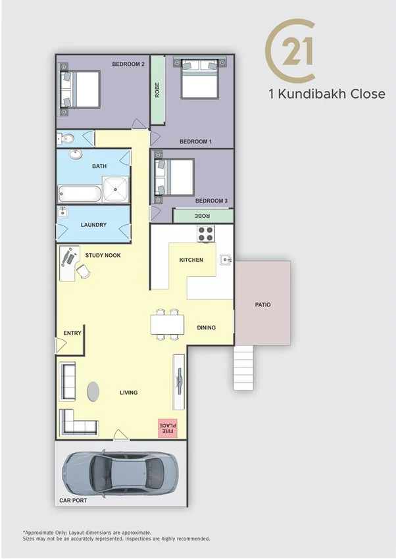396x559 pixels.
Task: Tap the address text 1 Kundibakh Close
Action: point(327,94)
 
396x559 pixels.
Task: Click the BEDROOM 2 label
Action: point(128,64)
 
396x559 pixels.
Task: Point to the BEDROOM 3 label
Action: point(211,201)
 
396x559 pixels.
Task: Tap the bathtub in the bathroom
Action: point(80,193)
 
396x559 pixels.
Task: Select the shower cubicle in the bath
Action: point(116,189)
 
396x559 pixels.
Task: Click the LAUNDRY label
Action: point(93,225)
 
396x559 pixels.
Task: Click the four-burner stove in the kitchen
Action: point(206,233)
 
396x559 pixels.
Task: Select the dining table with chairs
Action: point(166,324)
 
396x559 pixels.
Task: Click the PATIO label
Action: point(263,304)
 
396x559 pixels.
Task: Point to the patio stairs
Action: point(243,368)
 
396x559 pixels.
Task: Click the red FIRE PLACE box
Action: point(167,428)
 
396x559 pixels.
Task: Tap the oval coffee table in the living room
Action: point(94,391)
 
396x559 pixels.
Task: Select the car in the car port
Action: point(120,474)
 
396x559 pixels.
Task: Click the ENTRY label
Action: point(72,333)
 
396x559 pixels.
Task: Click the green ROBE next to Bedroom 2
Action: point(157,90)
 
